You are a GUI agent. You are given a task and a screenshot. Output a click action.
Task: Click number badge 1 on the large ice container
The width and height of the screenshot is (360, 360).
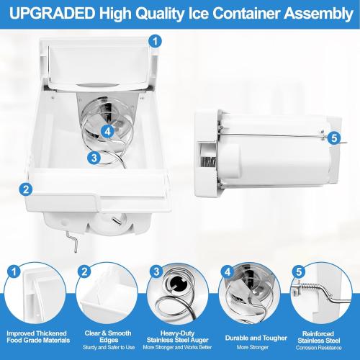[x=153, y=41]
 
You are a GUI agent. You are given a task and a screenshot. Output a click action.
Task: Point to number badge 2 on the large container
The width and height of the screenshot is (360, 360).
[x=26, y=190]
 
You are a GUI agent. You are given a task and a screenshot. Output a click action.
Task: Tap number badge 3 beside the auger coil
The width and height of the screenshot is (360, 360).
[x=93, y=156]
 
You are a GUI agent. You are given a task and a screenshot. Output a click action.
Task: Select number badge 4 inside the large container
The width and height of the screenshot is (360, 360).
[x=107, y=131]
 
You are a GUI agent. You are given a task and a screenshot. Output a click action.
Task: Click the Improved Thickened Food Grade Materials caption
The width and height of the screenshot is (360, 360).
[x=37, y=337]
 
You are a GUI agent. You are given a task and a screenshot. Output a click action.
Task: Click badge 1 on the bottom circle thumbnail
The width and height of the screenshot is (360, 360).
[x=14, y=271]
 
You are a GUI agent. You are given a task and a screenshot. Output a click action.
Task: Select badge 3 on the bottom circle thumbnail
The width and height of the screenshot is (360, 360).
[x=156, y=271]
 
